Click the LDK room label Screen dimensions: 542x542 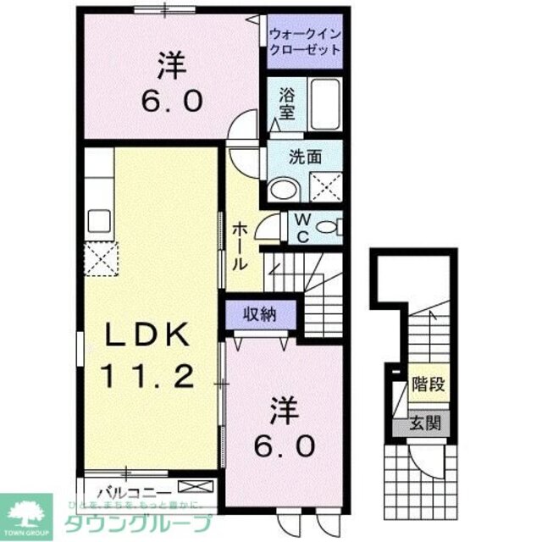[147, 335]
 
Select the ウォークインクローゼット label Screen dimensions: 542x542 [306, 41]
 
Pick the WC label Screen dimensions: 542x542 [301, 226]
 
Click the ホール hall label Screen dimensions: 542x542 [241, 246]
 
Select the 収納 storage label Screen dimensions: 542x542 [262, 314]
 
